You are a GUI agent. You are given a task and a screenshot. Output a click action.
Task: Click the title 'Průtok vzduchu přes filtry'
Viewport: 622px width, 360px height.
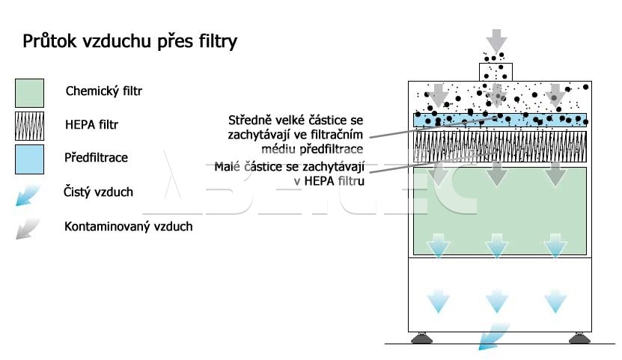tap(129, 42)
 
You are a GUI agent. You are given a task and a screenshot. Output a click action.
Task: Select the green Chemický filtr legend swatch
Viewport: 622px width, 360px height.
tap(29, 93)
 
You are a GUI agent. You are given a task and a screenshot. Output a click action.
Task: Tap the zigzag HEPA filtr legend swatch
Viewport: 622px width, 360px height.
tap(29, 126)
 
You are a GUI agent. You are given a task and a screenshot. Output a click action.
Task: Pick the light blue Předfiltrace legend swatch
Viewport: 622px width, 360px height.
tap(29, 159)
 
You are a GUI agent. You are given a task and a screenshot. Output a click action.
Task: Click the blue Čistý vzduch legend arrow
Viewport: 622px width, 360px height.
tap(28, 195)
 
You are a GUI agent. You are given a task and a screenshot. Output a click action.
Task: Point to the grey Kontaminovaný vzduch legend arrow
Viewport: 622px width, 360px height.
tap(28, 229)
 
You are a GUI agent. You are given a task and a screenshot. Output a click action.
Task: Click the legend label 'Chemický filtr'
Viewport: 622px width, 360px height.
tap(103, 91)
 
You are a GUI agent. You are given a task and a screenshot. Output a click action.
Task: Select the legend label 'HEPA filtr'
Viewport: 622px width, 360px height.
tap(91, 124)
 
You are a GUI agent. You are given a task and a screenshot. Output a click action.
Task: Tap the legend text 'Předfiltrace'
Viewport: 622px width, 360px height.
tap(96, 157)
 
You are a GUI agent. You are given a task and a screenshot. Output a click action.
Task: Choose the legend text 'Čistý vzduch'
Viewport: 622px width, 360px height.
tap(98, 192)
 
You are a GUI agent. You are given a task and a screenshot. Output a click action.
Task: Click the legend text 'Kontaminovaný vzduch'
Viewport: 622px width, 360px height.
tap(129, 226)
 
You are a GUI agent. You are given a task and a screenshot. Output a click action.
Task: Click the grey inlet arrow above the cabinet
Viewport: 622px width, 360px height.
tap(496, 40)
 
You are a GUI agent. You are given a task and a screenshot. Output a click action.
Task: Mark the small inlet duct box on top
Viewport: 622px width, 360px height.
tap(496, 72)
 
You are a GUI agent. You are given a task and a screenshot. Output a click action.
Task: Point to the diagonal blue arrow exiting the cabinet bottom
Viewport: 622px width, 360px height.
tap(493, 337)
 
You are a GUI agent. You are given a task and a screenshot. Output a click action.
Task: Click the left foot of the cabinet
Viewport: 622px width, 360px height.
tap(421, 338)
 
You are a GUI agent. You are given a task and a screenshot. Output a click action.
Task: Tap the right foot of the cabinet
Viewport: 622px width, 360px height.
tap(579, 338)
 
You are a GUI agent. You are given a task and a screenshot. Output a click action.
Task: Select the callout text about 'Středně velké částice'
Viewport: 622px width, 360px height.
tap(296, 135)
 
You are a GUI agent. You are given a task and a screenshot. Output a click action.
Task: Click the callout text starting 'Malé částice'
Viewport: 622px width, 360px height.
tap(289, 174)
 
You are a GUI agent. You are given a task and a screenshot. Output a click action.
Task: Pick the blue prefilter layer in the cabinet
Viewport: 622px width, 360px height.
tap(500, 120)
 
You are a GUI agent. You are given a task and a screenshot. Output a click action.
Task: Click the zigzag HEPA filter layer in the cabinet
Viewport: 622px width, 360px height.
tap(500, 147)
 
